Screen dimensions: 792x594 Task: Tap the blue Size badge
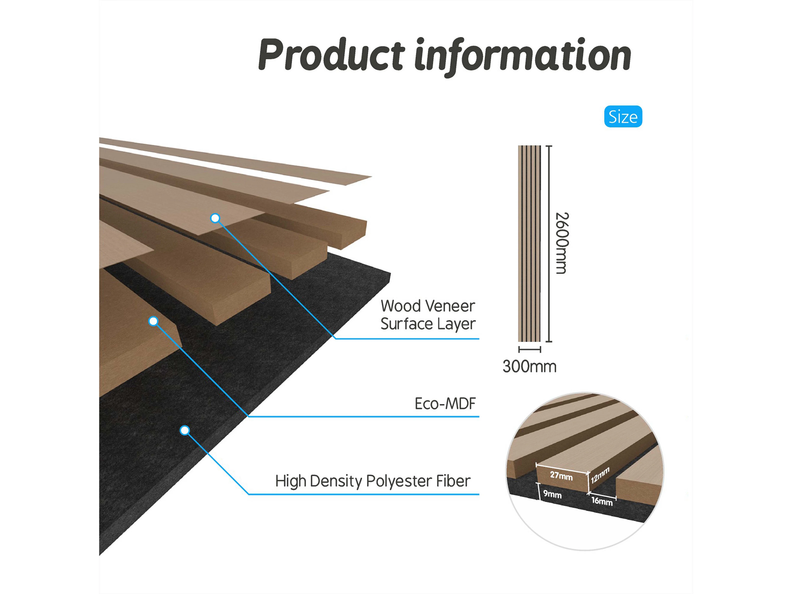(623, 117)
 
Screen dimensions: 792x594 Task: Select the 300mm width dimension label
(529, 367)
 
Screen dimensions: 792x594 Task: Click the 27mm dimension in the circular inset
(561, 476)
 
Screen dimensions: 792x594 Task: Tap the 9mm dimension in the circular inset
(552, 494)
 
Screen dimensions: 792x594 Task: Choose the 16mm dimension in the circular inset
(602, 501)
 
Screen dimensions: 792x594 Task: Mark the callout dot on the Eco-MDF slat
(153, 321)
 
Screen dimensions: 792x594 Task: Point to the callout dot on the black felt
(185, 430)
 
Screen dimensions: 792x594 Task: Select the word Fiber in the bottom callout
(453, 481)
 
